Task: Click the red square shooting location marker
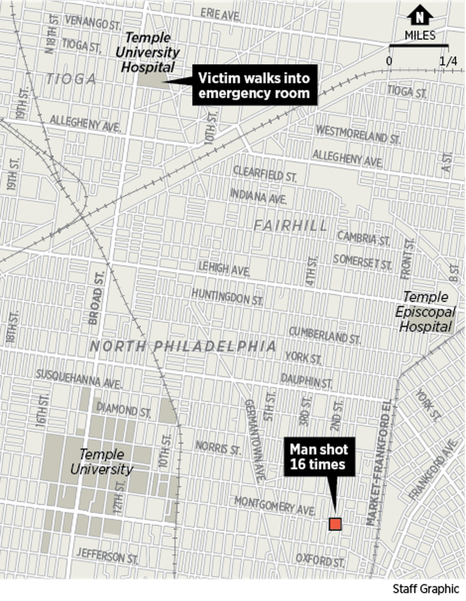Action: (335, 524)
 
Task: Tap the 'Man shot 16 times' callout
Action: (319, 457)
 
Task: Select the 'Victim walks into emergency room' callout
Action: (254, 85)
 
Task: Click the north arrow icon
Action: (420, 15)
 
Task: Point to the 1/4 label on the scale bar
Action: (448, 61)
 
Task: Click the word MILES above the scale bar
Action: (420, 35)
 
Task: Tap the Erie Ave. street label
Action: (220, 15)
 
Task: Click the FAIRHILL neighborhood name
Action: (290, 226)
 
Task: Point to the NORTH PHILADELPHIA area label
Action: (183, 346)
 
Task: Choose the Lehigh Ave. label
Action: (224, 268)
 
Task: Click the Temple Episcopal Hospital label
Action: (425, 312)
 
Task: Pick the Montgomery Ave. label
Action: (275, 506)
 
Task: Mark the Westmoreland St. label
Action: (358, 135)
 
